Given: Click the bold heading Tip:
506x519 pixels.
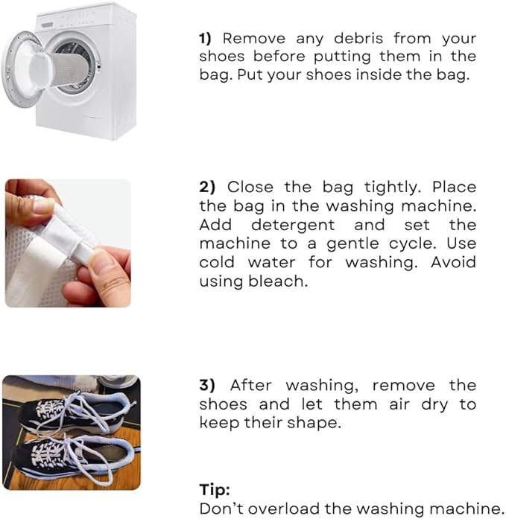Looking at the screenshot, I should [x=215, y=489].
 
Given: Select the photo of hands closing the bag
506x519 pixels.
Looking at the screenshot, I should [x=68, y=243].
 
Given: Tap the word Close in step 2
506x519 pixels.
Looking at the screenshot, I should [x=250, y=187].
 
